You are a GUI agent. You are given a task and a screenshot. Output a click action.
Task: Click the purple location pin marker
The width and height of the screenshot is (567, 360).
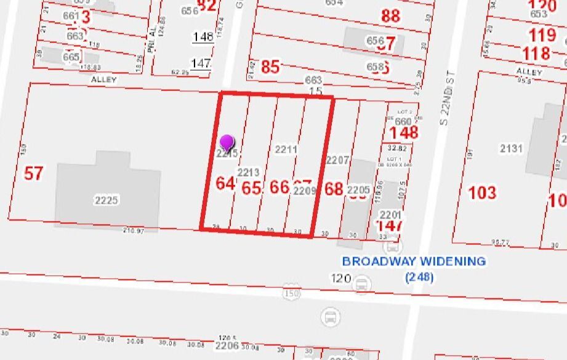click(x=227, y=142)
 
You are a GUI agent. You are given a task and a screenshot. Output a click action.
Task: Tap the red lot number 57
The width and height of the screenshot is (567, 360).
click(x=34, y=173)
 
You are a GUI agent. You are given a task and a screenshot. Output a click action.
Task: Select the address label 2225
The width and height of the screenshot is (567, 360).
click(x=106, y=200)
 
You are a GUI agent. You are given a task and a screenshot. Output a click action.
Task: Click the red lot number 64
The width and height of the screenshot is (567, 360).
click(x=225, y=183)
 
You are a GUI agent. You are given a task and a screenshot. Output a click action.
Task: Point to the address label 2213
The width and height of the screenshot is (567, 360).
click(x=249, y=172)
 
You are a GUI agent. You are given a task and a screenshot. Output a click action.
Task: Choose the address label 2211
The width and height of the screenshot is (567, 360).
click(x=286, y=150)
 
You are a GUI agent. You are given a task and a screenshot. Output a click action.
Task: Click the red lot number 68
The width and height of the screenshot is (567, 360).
click(x=334, y=188)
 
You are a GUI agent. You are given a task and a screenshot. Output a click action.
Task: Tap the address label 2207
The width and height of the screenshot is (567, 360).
click(x=338, y=160)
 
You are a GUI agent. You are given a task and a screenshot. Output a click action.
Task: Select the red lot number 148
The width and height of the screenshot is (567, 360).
click(x=404, y=132)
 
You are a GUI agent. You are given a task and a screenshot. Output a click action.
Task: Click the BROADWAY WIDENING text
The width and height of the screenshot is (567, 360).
click(x=414, y=261)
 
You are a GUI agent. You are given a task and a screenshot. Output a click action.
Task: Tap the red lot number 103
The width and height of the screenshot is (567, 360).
click(x=482, y=193)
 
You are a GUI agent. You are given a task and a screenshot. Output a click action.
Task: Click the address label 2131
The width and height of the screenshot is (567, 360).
click(x=511, y=148)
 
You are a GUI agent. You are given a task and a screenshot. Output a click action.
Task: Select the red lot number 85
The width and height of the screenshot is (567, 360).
click(x=270, y=66)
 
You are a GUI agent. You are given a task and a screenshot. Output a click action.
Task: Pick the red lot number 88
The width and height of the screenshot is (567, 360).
click(x=390, y=15)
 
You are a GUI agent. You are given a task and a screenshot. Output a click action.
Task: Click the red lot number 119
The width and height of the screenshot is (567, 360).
click(x=542, y=34)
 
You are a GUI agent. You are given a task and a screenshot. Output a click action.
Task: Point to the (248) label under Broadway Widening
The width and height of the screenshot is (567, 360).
click(x=419, y=278)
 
